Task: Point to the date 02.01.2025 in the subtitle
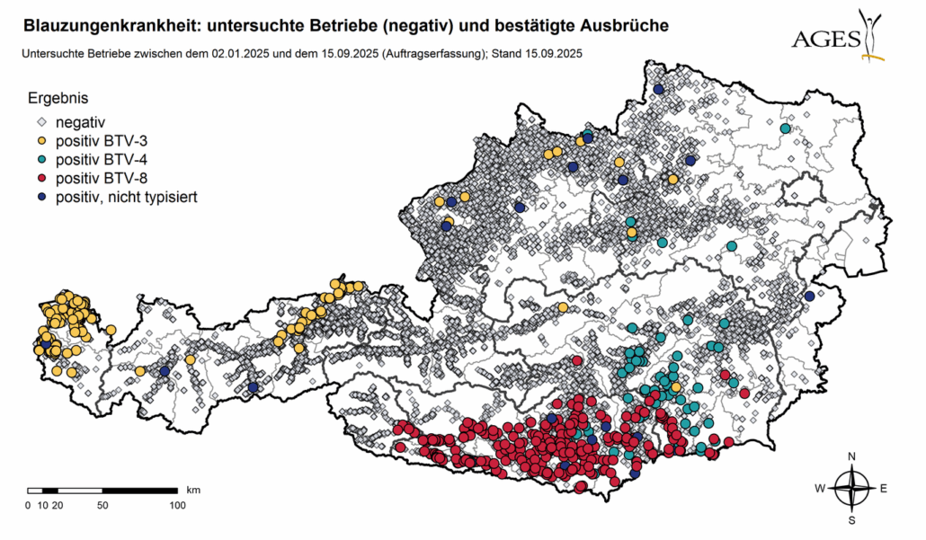[x=241, y=54]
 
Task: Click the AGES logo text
[x=825, y=39]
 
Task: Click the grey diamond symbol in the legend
[x=40, y=121]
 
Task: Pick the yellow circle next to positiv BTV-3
[x=40, y=140]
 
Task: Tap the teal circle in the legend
[x=40, y=159]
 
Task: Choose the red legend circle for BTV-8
[x=40, y=178]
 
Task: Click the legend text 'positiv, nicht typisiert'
[x=126, y=197]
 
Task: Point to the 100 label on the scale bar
[x=177, y=506]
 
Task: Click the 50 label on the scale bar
[x=102, y=506]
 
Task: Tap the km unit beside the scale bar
[x=193, y=490]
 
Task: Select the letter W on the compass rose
[x=820, y=489]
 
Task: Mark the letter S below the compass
[x=851, y=520]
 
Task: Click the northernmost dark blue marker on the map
[x=658, y=89]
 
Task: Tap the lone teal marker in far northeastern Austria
[x=785, y=128]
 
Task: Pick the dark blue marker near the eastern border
[x=809, y=297]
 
